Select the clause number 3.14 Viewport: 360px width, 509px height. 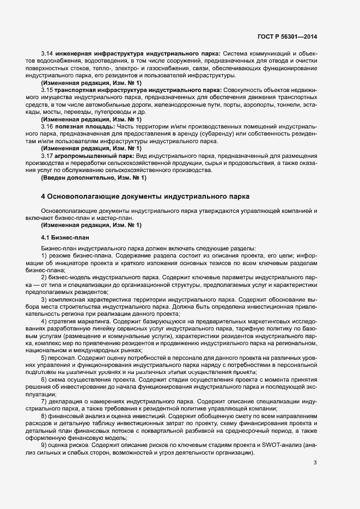point(47,54)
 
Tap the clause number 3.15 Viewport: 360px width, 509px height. point(47,89)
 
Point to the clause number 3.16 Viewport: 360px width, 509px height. point(47,126)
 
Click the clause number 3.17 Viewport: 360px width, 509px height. point(47,156)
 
